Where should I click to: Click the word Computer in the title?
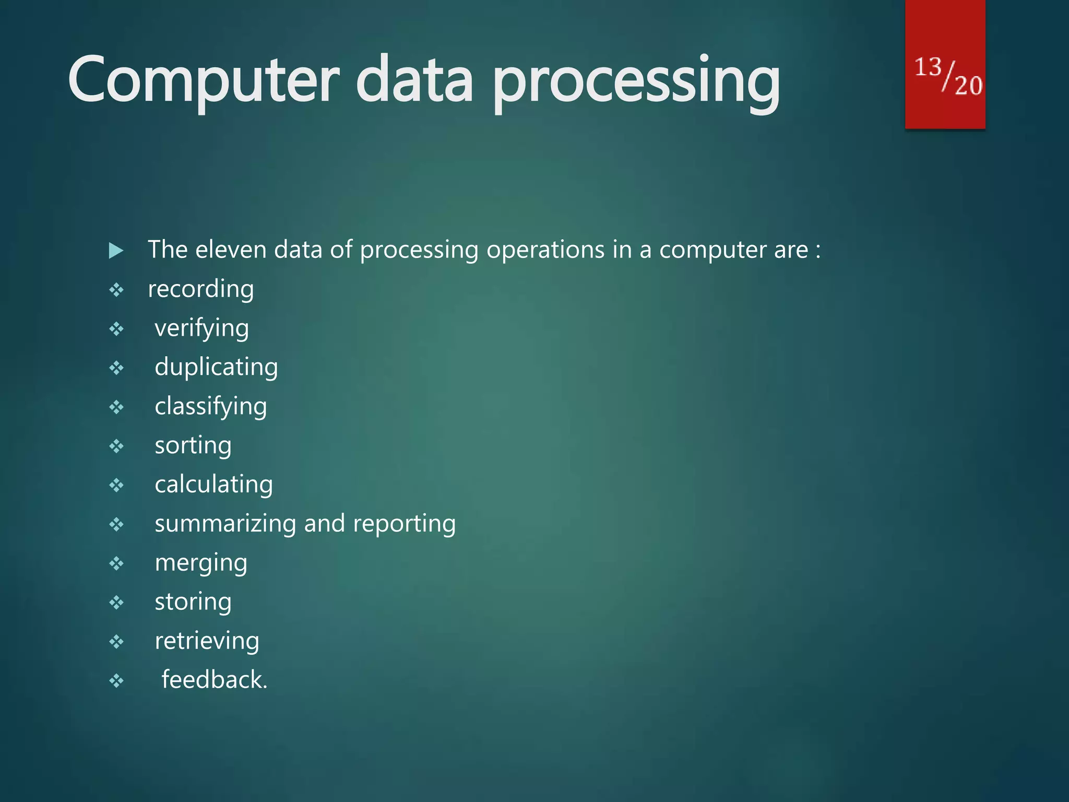pos(204,81)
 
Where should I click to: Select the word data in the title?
pos(415,81)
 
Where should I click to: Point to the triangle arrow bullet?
pos(116,251)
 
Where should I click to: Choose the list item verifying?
pos(201,329)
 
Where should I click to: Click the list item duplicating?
pos(216,367)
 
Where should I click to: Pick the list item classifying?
pos(211,407)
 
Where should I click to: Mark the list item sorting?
pos(193,446)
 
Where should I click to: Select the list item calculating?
pos(213,485)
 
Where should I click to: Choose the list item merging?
pos(201,563)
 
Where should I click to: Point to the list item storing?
pos(193,602)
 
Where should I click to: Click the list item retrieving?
pos(207,641)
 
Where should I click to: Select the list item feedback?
pos(214,680)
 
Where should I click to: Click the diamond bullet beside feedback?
pos(116,680)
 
